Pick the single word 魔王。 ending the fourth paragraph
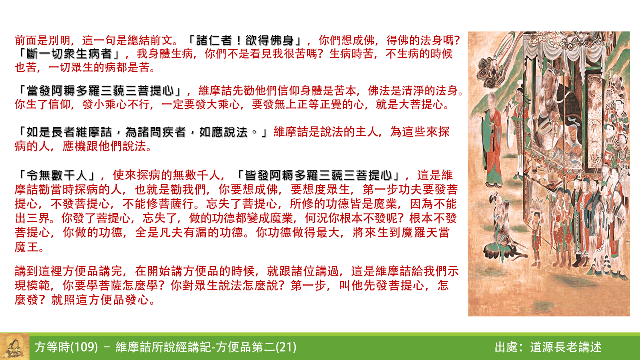pyautogui.click(x=31, y=248)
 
